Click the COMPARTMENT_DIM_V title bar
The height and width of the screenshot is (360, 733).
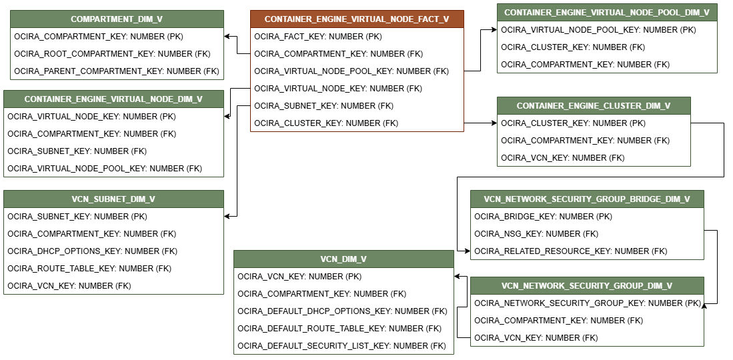[117, 19]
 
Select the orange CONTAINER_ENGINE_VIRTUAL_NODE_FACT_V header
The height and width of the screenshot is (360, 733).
[357, 19]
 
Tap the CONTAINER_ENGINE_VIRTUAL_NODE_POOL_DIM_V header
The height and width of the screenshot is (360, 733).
[607, 13]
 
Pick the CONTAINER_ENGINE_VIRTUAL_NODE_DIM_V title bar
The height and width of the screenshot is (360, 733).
[113, 99]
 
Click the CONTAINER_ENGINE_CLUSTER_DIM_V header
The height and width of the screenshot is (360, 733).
[594, 106]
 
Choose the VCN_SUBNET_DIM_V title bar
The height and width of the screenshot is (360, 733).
[113, 199]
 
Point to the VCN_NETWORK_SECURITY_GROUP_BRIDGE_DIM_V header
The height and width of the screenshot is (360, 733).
[587, 199]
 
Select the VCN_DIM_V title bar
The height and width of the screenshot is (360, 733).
[343, 259]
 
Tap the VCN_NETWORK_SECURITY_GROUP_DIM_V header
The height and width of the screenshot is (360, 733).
[587, 286]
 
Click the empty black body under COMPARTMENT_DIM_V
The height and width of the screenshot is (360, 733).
[117, 53]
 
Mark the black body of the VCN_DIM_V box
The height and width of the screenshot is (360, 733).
[343, 311]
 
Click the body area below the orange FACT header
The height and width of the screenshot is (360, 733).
[357, 79]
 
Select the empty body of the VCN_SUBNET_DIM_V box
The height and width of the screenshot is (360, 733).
[113, 251]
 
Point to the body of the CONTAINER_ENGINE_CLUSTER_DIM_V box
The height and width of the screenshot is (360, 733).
[594, 140]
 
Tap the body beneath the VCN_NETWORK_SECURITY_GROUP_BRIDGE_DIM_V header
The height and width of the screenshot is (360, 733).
[587, 233]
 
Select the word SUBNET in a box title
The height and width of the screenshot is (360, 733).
[110, 199]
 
